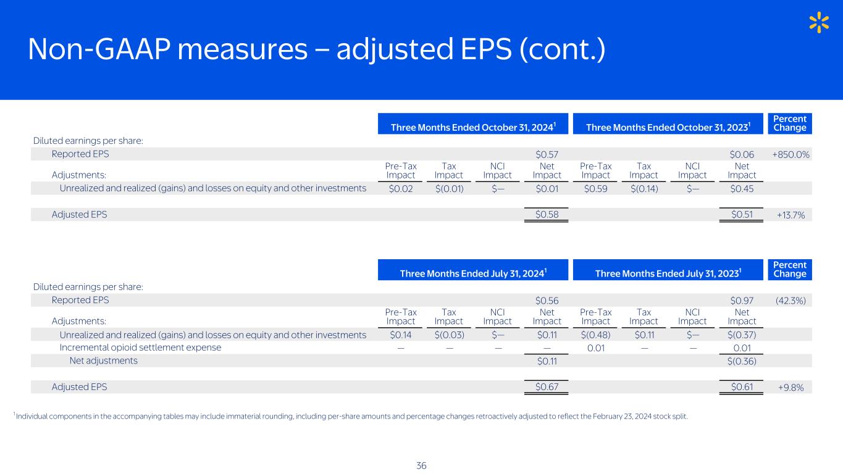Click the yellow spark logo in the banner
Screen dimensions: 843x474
click(819, 22)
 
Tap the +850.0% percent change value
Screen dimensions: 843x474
click(791, 155)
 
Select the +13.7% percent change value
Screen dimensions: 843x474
click(791, 215)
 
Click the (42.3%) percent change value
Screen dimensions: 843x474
click(791, 301)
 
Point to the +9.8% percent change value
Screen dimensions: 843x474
click(791, 388)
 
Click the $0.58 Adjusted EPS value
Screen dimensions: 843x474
click(547, 214)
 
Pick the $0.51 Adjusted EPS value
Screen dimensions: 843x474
click(742, 214)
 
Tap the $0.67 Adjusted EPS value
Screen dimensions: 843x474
click(547, 387)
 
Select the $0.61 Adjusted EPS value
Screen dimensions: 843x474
click(742, 387)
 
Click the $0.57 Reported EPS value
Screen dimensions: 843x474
click(547, 155)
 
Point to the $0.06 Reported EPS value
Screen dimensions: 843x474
click(742, 155)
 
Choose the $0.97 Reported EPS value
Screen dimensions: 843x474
click(742, 301)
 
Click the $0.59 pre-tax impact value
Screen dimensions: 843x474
click(595, 188)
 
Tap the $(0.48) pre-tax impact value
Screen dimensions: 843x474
click(595, 335)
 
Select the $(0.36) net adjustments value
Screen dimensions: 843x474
click(742, 361)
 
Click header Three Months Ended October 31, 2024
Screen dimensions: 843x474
click(473, 127)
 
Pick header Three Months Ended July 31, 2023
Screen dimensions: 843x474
click(668, 273)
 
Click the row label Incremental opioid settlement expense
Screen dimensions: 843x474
click(140, 347)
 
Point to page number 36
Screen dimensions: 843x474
click(421, 466)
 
